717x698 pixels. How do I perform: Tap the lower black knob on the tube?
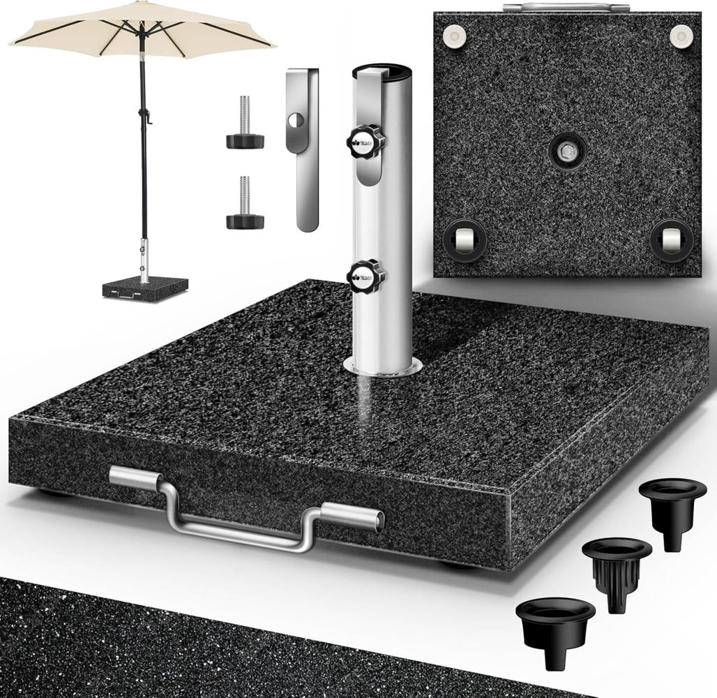(365, 275)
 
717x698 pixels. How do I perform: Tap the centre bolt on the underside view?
(566, 150)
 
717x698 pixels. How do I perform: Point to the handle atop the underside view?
(565, 7)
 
